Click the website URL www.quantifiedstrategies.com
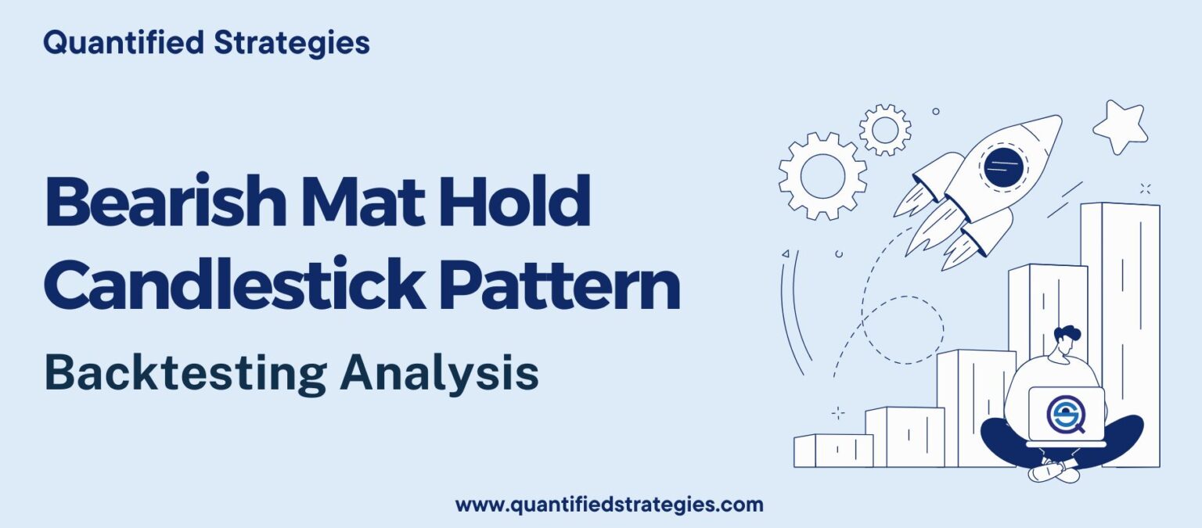click(x=609, y=505)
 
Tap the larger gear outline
click(x=822, y=175)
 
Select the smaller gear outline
click(x=885, y=129)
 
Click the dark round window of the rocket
click(x=1002, y=165)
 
